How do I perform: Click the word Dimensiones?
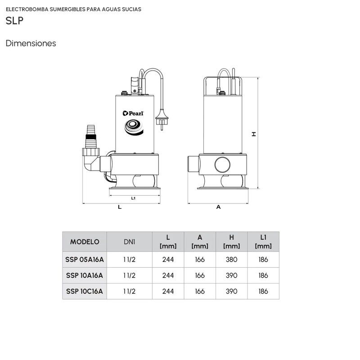tap(31, 44)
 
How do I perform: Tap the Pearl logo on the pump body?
tap(133, 113)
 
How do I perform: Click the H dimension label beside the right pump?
tap(254, 134)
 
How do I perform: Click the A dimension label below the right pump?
tap(218, 207)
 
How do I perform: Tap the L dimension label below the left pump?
tap(119, 207)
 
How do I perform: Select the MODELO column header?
tap(85, 242)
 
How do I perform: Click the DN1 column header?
tap(130, 242)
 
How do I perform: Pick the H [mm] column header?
tap(231, 242)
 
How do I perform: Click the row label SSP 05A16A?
tap(85, 259)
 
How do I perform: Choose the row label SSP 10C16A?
tap(85, 291)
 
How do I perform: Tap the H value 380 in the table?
tap(231, 259)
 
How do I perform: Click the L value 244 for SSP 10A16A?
tap(168, 275)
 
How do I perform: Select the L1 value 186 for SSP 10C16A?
tap(263, 291)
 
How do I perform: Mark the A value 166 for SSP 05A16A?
tap(200, 259)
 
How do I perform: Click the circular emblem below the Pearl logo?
tap(133, 126)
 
